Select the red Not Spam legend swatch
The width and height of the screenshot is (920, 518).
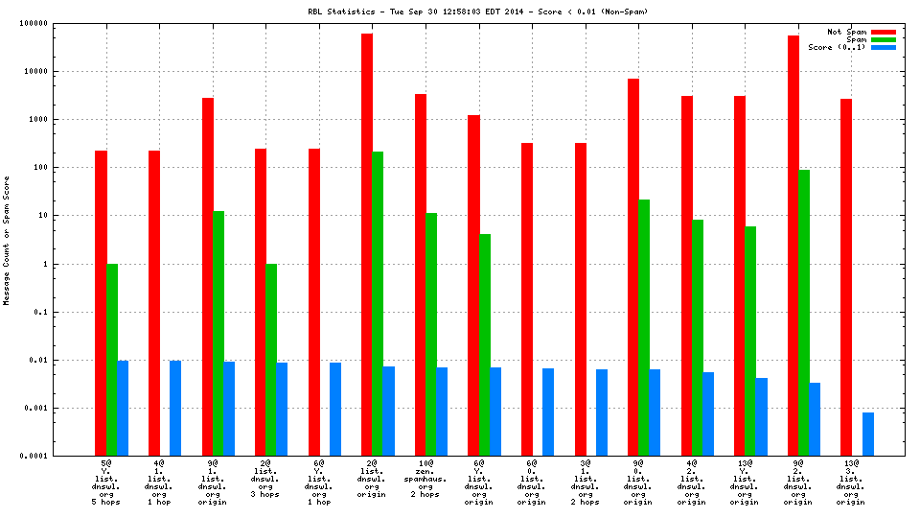[884, 32]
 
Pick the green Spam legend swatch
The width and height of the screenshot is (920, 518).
[884, 39]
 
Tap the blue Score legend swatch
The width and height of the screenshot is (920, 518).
[884, 47]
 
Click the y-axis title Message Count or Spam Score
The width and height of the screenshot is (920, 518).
[8, 240]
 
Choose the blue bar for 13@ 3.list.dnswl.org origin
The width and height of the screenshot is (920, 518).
[868, 434]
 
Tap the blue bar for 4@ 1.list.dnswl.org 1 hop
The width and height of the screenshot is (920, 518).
[175, 408]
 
